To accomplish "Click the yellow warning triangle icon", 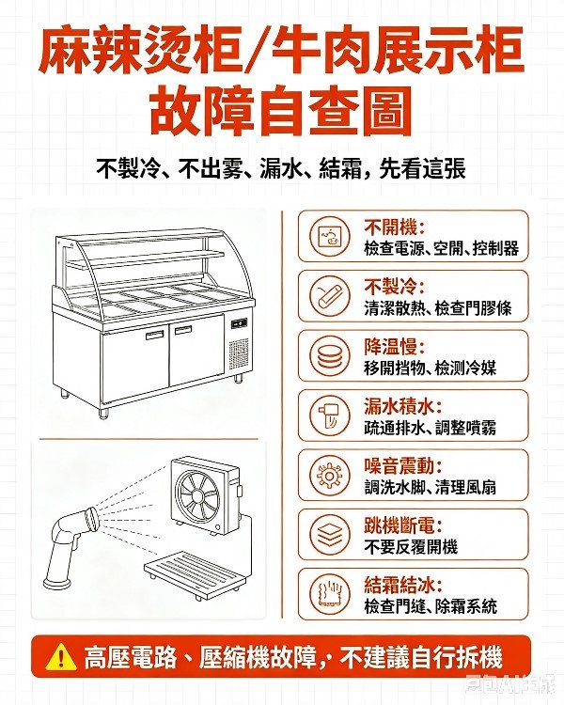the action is pyautogui.click(x=61, y=657).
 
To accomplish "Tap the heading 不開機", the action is pyautogui.click(x=395, y=227).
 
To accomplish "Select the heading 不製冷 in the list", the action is pyautogui.click(x=395, y=288).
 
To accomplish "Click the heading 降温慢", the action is pyautogui.click(x=395, y=347).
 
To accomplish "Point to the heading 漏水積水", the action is pyautogui.click(x=403, y=407).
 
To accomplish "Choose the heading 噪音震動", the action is pyautogui.click(x=403, y=466).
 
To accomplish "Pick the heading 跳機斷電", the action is pyautogui.click(x=403, y=526).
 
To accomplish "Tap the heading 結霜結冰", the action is pyautogui.click(x=403, y=586).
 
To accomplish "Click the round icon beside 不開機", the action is pyautogui.click(x=330, y=236).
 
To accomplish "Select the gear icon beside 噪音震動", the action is pyautogui.click(x=330, y=476).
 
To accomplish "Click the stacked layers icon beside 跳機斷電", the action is pyautogui.click(x=330, y=535).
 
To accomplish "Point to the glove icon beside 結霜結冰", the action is pyautogui.click(x=330, y=594).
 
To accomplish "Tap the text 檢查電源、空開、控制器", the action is pyautogui.click(x=441, y=248).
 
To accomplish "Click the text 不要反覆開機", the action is pyautogui.click(x=411, y=547).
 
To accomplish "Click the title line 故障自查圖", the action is pyautogui.click(x=282, y=113).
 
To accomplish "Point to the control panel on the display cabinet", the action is pyautogui.click(x=240, y=322).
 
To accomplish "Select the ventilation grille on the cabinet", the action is pyautogui.click(x=239, y=353).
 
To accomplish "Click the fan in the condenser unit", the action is pyautogui.click(x=198, y=493).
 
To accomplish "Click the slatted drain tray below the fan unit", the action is pyautogui.click(x=196, y=574).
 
